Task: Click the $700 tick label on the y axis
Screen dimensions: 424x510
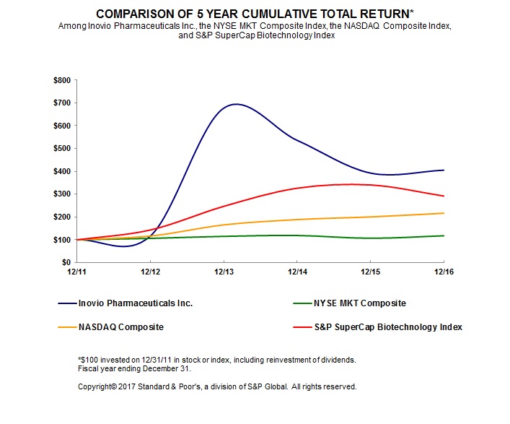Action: tap(61, 103)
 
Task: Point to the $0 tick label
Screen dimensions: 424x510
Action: tap(66, 262)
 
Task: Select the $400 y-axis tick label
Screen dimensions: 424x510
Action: tap(61, 171)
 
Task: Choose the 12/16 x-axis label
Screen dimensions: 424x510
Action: tap(443, 272)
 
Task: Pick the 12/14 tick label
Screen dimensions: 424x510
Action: tap(296, 272)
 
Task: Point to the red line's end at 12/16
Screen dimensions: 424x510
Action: tap(443, 196)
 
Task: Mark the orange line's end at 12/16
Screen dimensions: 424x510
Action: tap(443, 213)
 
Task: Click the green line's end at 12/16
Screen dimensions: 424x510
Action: tap(443, 235)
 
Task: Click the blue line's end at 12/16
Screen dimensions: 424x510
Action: tap(443, 170)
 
